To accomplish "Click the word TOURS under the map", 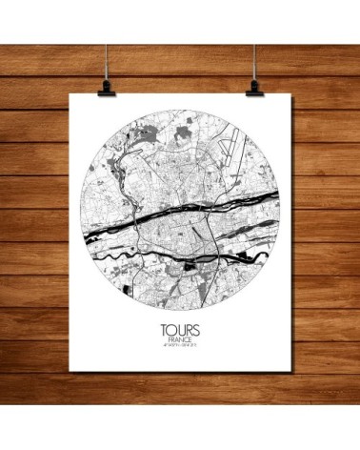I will pos(181,333).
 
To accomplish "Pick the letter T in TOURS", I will pos(164,333).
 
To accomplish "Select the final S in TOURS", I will pos(197,333).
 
